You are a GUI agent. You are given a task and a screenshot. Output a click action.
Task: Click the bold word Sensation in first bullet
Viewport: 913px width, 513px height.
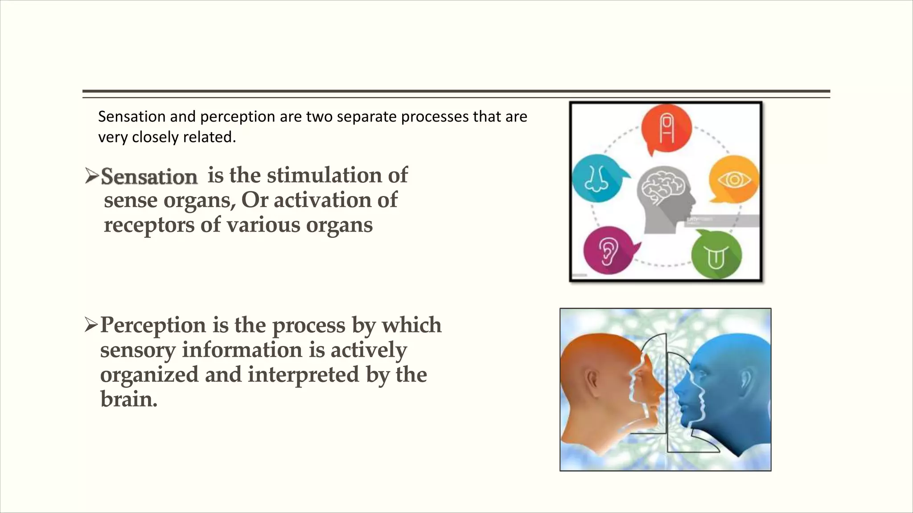[x=149, y=177]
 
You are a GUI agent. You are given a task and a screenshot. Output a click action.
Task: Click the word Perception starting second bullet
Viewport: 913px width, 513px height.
[x=152, y=326]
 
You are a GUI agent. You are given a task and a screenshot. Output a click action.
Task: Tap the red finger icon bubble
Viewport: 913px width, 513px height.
[x=666, y=128]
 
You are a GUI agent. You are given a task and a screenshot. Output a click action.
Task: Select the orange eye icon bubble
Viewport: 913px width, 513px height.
[x=734, y=179]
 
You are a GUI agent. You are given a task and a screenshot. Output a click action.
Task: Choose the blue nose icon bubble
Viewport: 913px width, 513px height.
[x=596, y=178]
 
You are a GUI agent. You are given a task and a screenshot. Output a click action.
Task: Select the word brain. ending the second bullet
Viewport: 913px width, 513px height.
[x=128, y=399]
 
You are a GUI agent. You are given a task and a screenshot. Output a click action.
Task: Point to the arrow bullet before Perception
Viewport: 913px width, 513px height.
[x=90, y=326]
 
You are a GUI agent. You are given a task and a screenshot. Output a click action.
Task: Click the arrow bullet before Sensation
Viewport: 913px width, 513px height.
[x=91, y=177]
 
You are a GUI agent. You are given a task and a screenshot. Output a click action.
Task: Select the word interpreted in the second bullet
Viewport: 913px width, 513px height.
[x=303, y=375]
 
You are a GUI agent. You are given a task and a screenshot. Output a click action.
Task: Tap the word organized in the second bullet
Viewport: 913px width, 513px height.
[x=149, y=375]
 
